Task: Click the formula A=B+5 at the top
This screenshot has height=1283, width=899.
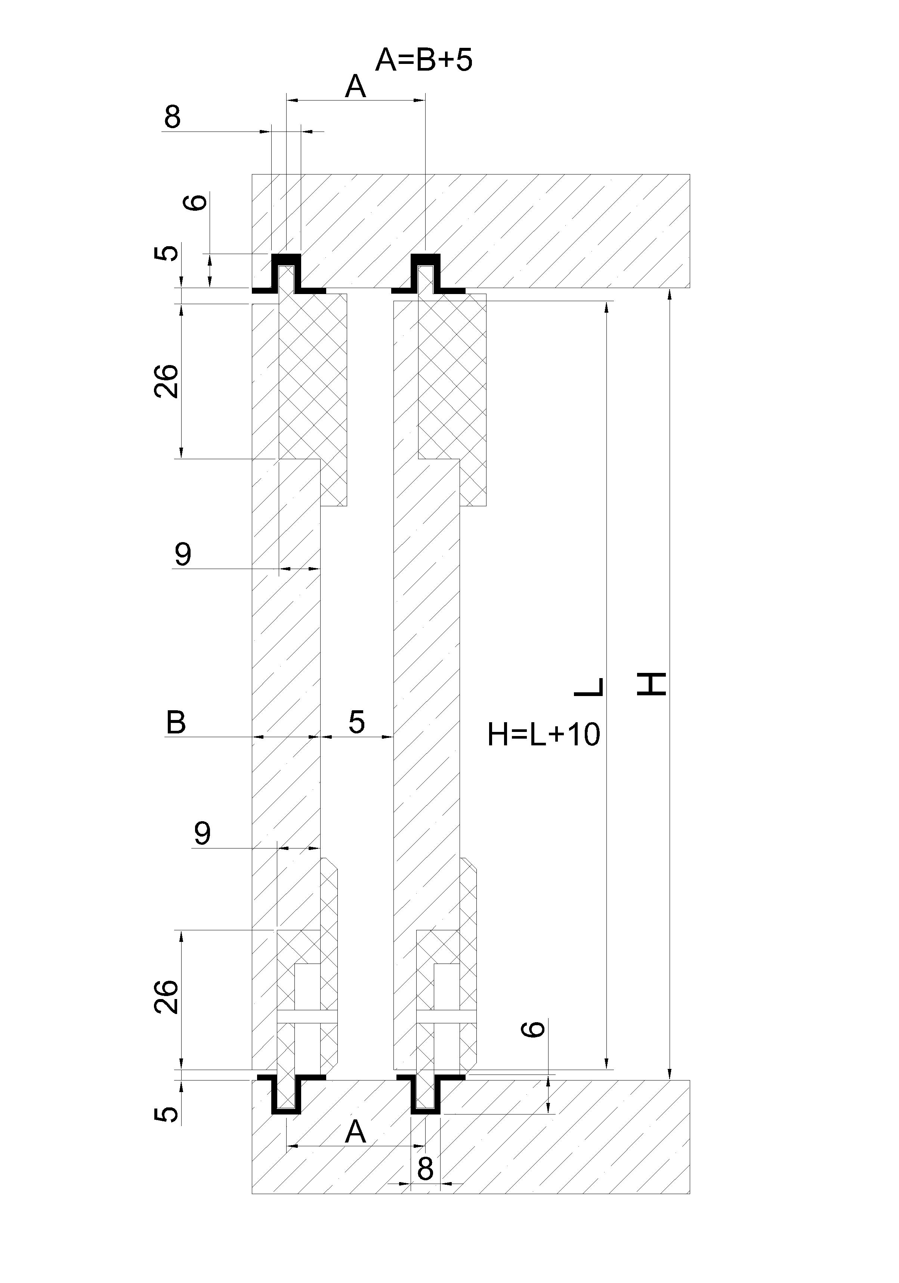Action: click(423, 61)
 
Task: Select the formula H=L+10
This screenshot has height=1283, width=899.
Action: click(543, 734)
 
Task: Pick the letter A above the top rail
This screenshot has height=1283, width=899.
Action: click(355, 87)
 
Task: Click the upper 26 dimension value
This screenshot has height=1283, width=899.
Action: click(167, 381)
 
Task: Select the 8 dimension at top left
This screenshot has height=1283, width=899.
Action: click(172, 117)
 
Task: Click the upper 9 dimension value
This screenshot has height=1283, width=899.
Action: click(183, 554)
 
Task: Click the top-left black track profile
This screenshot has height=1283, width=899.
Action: click(288, 274)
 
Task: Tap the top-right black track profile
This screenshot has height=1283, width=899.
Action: click(427, 274)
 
